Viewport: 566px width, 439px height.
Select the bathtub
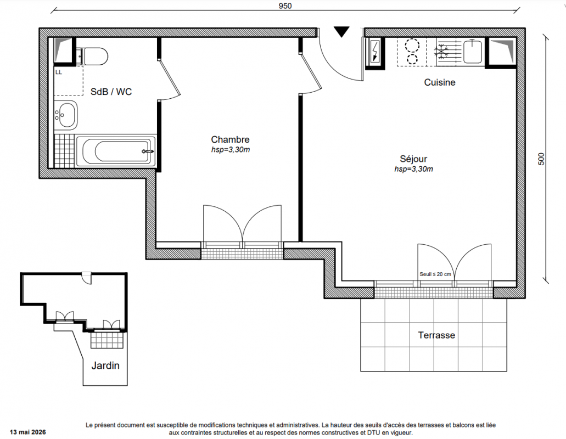coord(115,151)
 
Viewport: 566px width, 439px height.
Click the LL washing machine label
coord(59,72)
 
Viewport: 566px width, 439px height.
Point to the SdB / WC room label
coord(111,92)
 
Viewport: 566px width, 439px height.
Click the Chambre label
coord(231,139)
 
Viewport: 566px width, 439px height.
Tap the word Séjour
coord(413,159)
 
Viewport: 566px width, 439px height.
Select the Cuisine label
coord(440,82)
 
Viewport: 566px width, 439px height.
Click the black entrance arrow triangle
coord(341,32)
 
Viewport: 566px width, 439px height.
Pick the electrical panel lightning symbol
coord(375,51)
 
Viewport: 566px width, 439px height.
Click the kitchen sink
coord(473,52)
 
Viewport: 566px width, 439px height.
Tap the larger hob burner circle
coord(412,46)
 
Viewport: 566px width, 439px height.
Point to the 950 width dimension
coord(285,6)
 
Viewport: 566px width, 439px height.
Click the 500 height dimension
coord(541,159)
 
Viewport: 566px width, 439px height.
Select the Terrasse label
coord(436,335)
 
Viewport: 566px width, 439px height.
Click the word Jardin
coord(105,365)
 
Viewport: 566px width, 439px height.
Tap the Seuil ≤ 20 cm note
coord(435,274)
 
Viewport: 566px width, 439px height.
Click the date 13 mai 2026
coord(28,432)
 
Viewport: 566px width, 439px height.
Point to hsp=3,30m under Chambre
coord(231,149)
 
